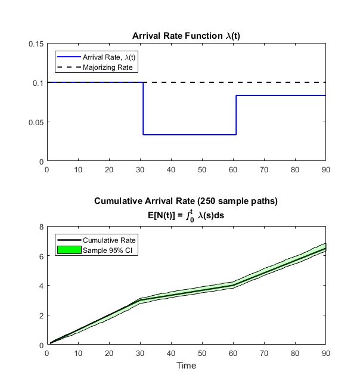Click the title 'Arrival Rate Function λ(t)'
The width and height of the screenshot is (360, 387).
[186, 36]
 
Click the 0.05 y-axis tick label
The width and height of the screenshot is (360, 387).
[36, 122]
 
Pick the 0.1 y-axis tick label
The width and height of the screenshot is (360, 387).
[38, 83]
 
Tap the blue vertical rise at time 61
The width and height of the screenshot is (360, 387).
[236, 115]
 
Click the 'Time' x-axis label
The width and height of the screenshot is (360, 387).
[186, 365]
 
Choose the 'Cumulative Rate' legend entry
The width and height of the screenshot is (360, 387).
[109, 240]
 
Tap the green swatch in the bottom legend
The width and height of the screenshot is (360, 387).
[67, 250]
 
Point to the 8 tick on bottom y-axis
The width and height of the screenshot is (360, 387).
[41, 227]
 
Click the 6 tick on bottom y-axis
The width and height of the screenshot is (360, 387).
[41, 256]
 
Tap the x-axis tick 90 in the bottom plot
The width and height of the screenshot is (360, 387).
[325, 354]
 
